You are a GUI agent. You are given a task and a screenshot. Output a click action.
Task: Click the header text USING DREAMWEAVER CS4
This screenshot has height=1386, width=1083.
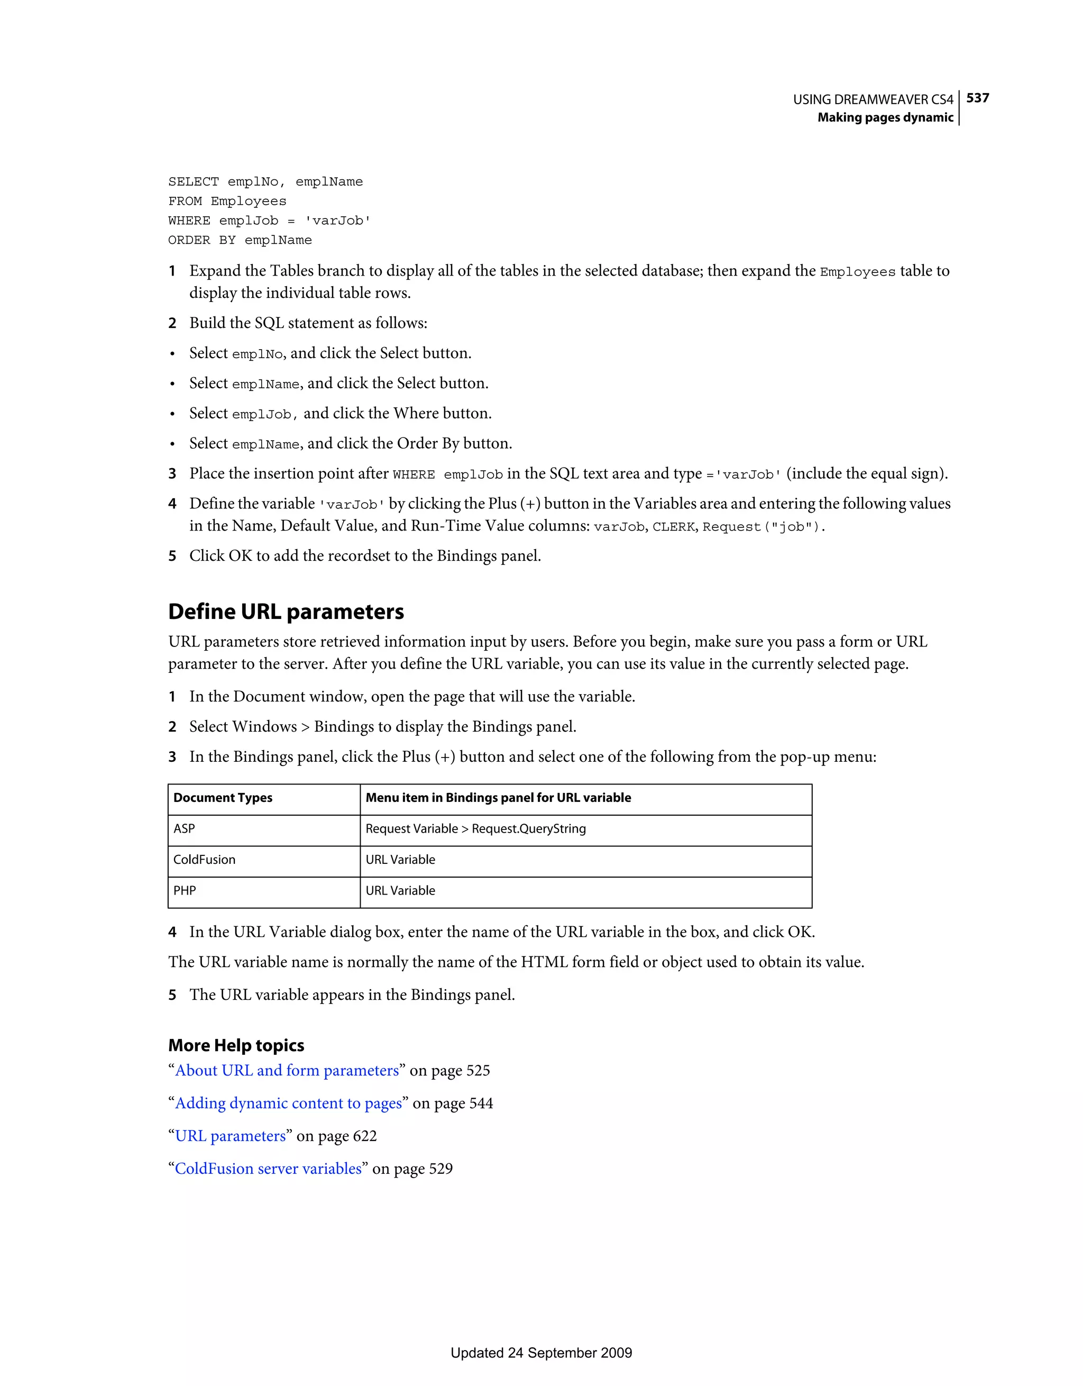pyautogui.click(x=873, y=99)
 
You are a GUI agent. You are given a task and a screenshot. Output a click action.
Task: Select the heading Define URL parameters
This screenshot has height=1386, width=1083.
pyautogui.click(x=286, y=611)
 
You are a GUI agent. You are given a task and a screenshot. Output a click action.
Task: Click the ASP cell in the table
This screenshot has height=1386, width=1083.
pyautogui.click(x=184, y=829)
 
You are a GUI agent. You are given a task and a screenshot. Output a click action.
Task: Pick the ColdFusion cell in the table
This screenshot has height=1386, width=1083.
pyautogui.click(x=204, y=860)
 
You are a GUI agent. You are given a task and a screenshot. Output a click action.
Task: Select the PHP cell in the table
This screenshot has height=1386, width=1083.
pyautogui.click(x=184, y=891)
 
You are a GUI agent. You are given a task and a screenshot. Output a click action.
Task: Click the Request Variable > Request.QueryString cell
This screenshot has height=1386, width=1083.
pyautogui.click(x=475, y=829)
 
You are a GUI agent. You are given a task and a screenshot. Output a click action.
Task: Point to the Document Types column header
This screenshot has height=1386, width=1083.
pyautogui.click(x=223, y=798)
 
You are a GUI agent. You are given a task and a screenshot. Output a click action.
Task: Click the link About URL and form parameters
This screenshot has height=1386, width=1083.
pyautogui.click(x=287, y=1071)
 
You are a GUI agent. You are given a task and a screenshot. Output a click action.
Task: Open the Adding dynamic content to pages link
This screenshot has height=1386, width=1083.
pyautogui.click(x=289, y=1104)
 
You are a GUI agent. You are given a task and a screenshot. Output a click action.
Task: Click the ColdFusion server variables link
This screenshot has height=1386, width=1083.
pyautogui.click(x=268, y=1169)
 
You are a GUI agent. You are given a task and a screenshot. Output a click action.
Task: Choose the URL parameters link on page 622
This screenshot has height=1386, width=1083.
pyautogui.click(x=231, y=1136)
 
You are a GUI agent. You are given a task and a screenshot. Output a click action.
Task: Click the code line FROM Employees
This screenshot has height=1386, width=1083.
pyautogui.click(x=227, y=201)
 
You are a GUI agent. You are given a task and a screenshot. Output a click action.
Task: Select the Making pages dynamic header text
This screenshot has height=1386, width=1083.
pyautogui.click(x=885, y=117)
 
